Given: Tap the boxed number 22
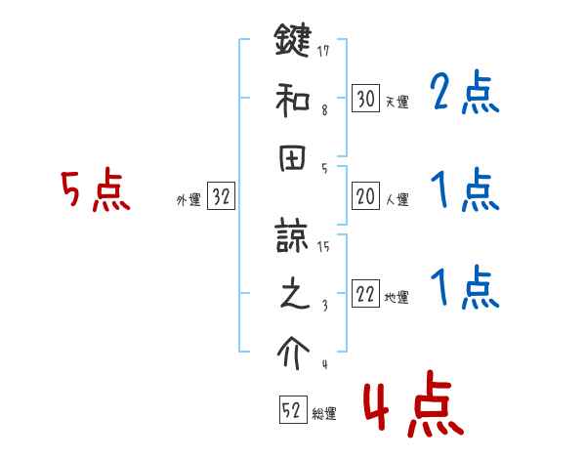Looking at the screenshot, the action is tap(366, 295).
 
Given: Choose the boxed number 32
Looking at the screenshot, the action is tap(221, 197).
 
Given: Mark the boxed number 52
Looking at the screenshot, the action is tap(292, 410).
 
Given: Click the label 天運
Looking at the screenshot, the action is tap(398, 101).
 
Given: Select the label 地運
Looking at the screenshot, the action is tap(398, 298).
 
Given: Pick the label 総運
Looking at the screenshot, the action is tap(324, 413).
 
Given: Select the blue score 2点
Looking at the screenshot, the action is tap(464, 95).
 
